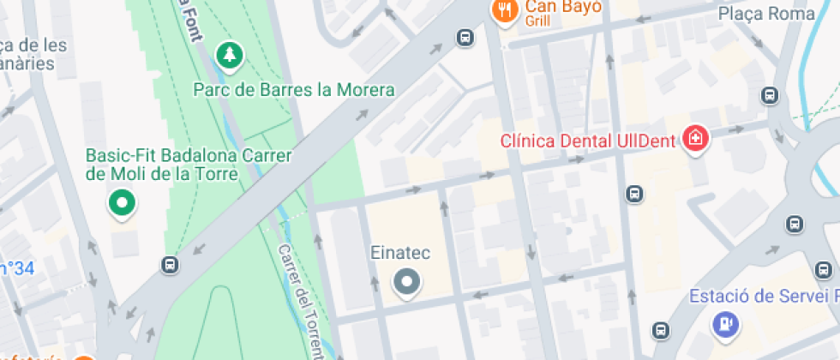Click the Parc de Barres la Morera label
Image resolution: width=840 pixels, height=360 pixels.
pyautogui.click(x=294, y=90)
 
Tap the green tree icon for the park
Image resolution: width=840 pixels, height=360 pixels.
pyautogui.click(x=229, y=57)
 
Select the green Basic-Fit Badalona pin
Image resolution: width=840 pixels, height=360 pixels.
pyautogui.click(x=122, y=204)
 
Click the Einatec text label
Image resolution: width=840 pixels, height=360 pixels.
pyautogui.click(x=399, y=253)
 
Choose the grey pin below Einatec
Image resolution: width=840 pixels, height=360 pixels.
pyautogui.click(x=407, y=282)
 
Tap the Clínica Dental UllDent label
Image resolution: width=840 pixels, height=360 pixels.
pyautogui.click(x=591, y=140)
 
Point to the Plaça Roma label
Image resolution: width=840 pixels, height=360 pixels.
pyautogui.click(x=766, y=14)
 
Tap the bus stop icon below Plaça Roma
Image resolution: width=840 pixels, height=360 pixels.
pyautogui.click(x=770, y=96)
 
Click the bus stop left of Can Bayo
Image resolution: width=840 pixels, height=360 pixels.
pyautogui.click(x=465, y=37)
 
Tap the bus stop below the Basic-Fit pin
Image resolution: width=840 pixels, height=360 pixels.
pyautogui.click(x=171, y=265)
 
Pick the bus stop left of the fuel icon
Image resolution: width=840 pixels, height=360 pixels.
pyautogui.click(x=660, y=329)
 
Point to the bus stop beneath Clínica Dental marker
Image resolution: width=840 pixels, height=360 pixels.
pyautogui.click(x=634, y=194)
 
